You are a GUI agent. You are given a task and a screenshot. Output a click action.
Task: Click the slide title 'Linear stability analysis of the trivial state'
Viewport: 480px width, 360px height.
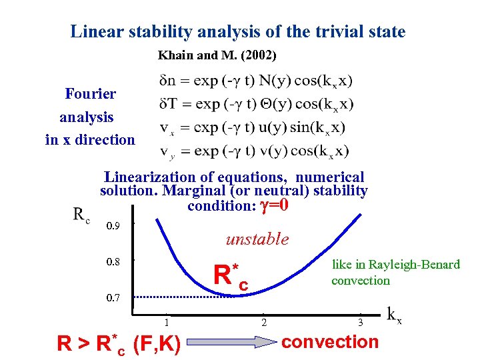tap(238, 31)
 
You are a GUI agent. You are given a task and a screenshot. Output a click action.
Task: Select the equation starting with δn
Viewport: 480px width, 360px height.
tap(256, 81)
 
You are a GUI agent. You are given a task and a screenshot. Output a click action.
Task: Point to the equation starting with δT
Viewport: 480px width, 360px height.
tap(257, 104)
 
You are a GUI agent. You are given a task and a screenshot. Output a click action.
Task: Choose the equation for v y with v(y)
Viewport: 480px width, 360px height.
tap(254, 151)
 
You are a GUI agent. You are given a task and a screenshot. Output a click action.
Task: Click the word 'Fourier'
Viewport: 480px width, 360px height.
tap(91, 94)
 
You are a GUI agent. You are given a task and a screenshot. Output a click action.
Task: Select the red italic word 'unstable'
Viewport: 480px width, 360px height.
tap(257, 239)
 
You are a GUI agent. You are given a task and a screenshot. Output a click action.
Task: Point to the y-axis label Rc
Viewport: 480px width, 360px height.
tap(81, 215)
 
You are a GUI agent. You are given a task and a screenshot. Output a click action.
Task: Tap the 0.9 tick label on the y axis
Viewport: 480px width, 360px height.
tap(113, 227)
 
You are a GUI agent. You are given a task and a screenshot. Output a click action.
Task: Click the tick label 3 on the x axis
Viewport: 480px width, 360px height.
tap(360, 323)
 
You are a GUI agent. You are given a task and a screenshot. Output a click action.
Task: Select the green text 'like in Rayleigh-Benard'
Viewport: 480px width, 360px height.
tap(395, 265)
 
